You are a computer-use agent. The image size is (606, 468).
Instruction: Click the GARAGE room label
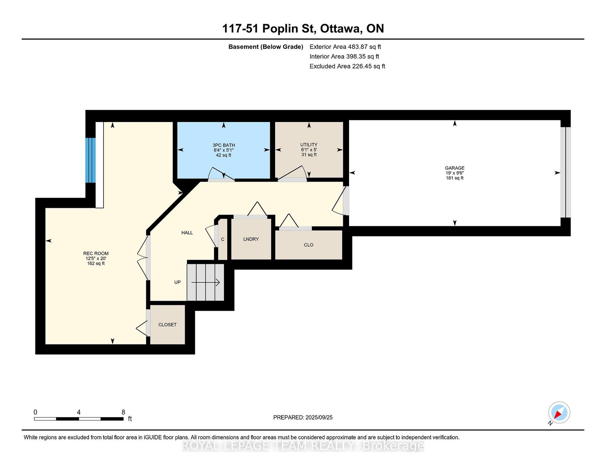pyautogui.click(x=454, y=168)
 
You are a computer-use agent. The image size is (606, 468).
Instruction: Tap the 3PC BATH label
pyautogui.click(x=224, y=145)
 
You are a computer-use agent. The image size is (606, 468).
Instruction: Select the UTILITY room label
pyautogui.click(x=309, y=144)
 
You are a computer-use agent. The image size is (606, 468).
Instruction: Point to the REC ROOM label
pyautogui.click(x=96, y=253)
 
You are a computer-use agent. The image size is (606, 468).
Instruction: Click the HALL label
pyautogui.click(x=187, y=233)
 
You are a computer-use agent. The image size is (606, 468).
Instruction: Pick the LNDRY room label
pyautogui.click(x=251, y=239)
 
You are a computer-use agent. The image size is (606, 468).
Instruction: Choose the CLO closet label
pyautogui.click(x=308, y=245)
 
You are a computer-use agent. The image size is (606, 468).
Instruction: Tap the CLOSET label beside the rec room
pyautogui.click(x=168, y=324)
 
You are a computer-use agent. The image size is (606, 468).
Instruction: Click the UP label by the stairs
pyautogui.click(x=177, y=282)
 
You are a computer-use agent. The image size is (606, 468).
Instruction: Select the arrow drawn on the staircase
pyautogui.click(x=206, y=283)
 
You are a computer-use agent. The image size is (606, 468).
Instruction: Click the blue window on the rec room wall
pyautogui.click(x=90, y=160)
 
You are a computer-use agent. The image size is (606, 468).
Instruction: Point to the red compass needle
pyautogui.click(x=558, y=415)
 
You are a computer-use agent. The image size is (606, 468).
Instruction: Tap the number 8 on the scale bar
pyautogui.click(x=123, y=412)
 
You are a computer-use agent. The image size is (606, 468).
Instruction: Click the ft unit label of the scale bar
pyautogui.click(x=130, y=419)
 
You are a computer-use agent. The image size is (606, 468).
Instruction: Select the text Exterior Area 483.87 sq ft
pyautogui.click(x=345, y=47)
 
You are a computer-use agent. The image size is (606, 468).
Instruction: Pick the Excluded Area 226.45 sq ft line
pyautogui.click(x=347, y=66)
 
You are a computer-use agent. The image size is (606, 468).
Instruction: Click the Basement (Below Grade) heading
pyautogui.click(x=266, y=47)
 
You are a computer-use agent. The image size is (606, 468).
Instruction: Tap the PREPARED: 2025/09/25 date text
pyautogui.click(x=303, y=417)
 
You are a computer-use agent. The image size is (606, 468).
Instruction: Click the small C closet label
pyautogui.click(x=223, y=239)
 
